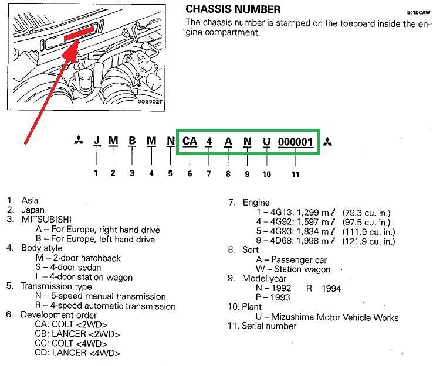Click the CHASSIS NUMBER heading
233,9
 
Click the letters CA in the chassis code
190,142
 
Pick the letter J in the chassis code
97,142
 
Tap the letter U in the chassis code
267,142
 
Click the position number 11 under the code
295,174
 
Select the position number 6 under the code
190,174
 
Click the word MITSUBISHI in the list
50,219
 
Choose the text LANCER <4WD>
86,353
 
